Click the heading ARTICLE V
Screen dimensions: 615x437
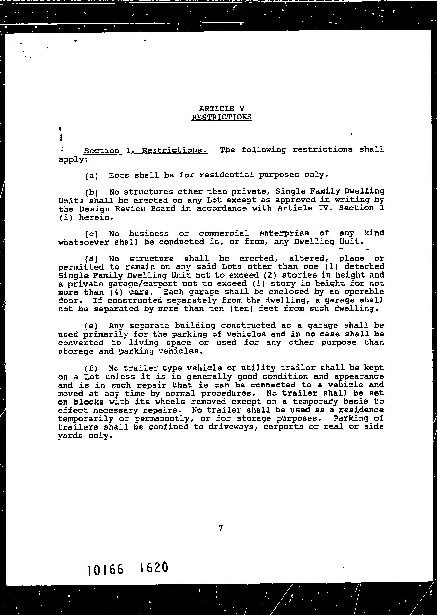pyautogui.click(x=222, y=109)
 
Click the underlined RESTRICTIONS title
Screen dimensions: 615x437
pyautogui.click(x=222, y=117)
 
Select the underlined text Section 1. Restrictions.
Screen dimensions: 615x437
pyautogui.click(x=146, y=150)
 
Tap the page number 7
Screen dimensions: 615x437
pyautogui.click(x=221, y=528)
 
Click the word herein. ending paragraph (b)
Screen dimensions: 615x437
pyautogui.click(x=94, y=217)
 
